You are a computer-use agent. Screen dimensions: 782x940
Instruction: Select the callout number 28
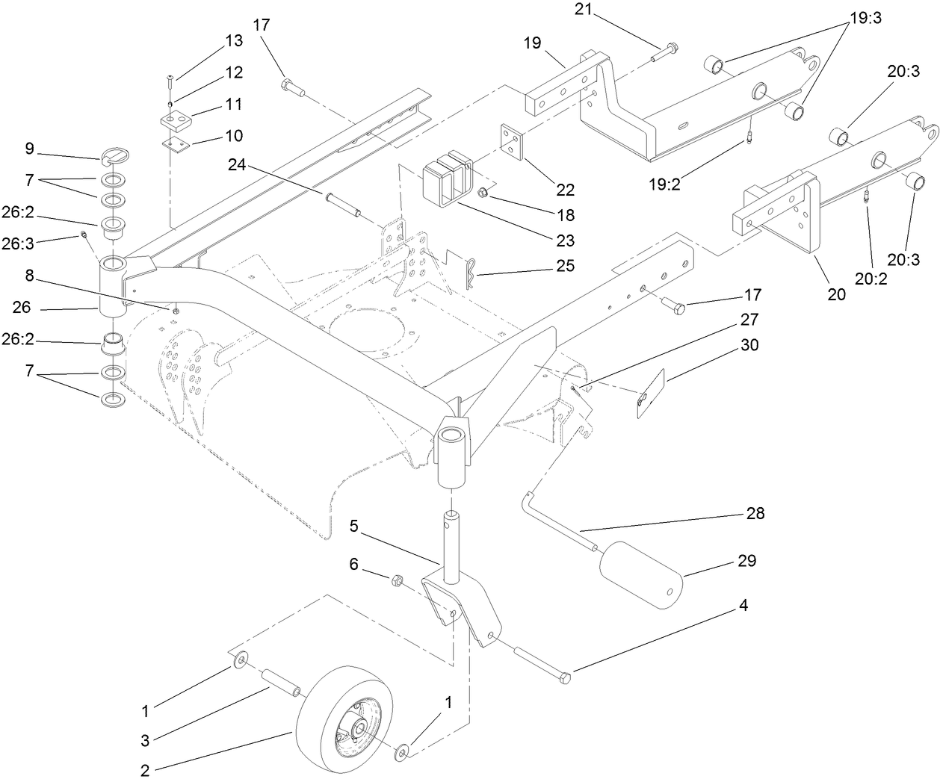point(755,515)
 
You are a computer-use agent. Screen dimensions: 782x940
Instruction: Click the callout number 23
point(565,241)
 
